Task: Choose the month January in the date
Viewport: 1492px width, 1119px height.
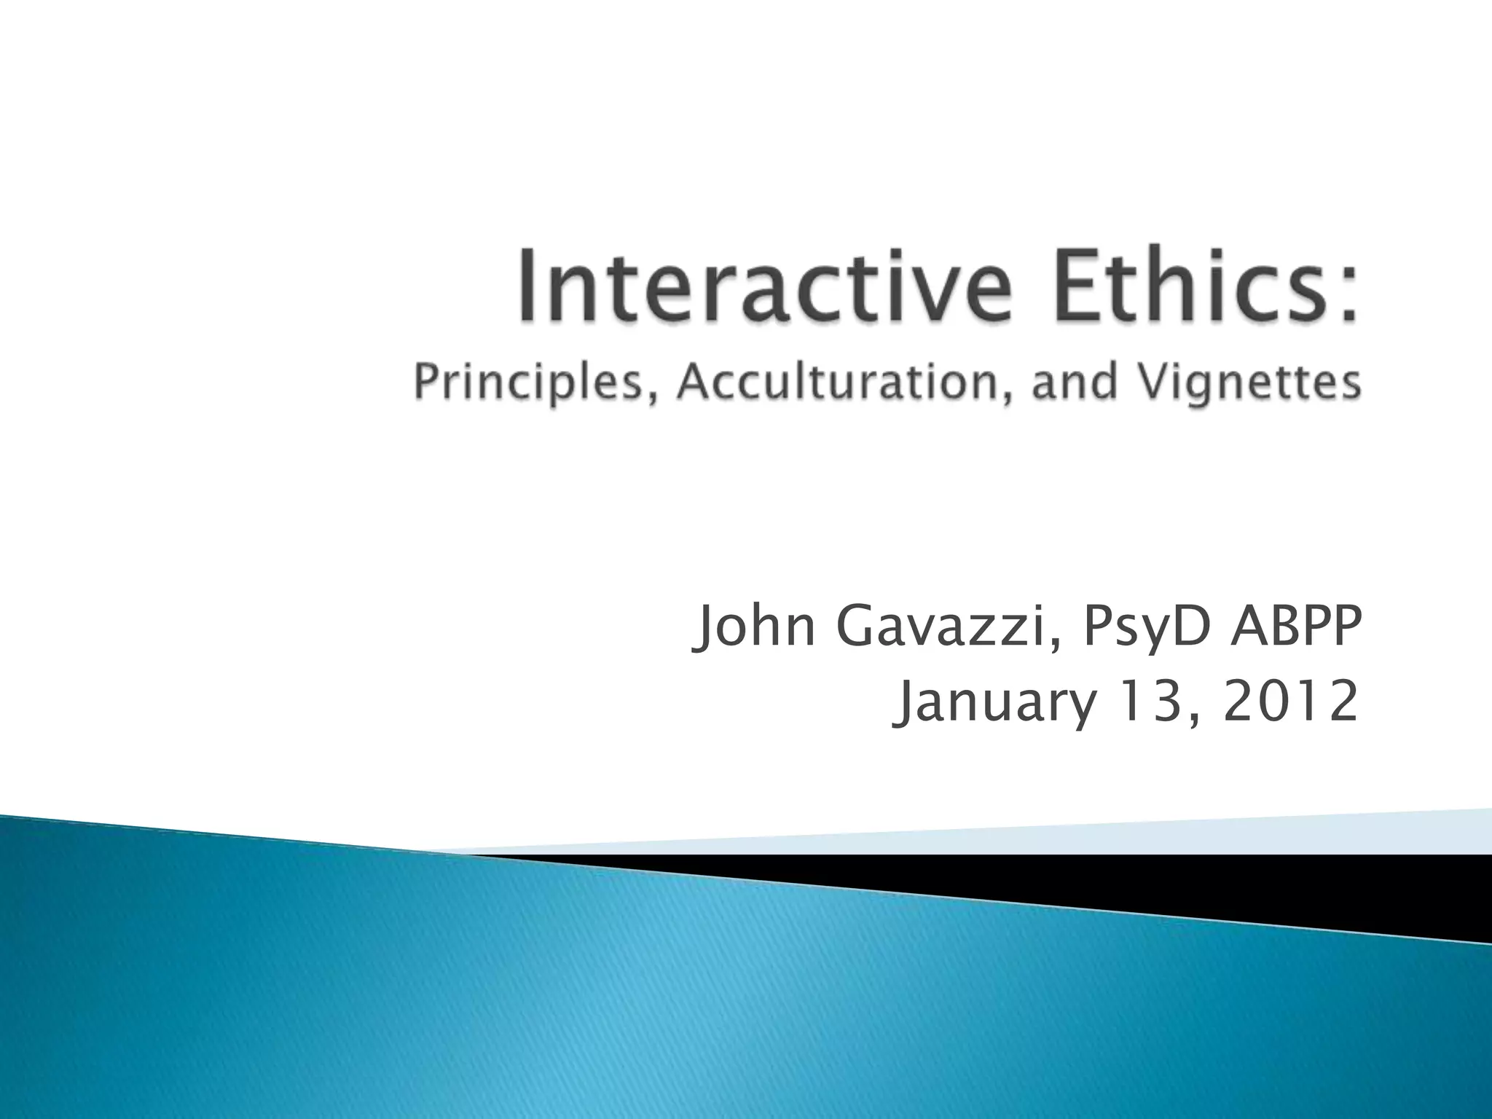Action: coord(995,704)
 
